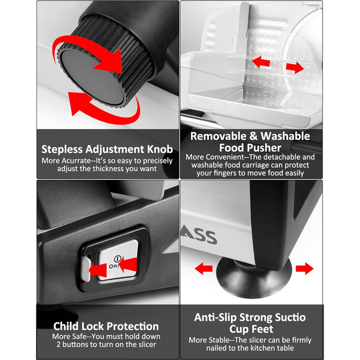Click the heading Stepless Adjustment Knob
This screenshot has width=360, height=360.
107,149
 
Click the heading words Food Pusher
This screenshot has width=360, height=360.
250,148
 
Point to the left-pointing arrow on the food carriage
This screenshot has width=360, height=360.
261,62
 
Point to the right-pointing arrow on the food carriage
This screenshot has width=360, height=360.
295,67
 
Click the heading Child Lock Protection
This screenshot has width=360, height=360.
106,326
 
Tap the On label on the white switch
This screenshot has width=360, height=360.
113,266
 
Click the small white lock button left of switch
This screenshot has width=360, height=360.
86,269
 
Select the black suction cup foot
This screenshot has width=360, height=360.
254,277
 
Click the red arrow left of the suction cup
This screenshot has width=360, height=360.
204,268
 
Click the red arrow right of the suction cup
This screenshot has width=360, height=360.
304,268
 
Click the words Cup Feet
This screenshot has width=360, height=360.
251,329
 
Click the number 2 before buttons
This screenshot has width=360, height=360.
58,345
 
